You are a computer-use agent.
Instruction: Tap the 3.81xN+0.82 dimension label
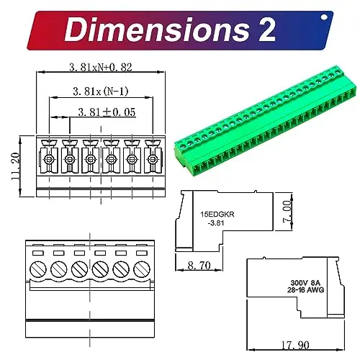(x=102, y=67)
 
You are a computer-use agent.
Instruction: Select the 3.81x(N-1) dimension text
(x=102, y=91)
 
